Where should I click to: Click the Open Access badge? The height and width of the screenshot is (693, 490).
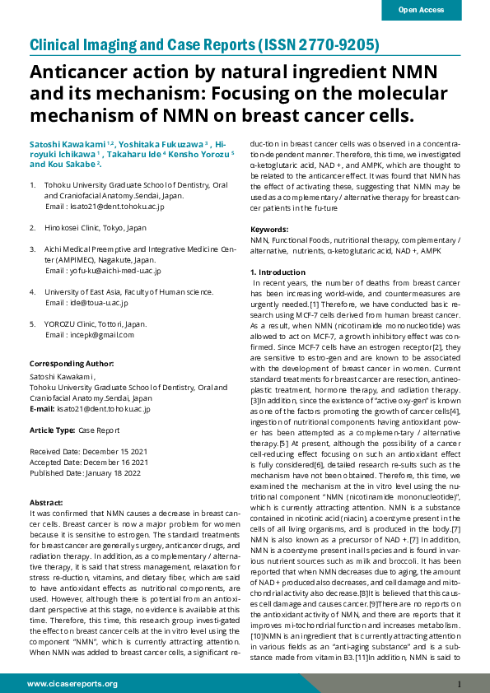(x=421, y=10)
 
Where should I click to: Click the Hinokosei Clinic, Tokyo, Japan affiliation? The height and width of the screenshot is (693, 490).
(x=95, y=227)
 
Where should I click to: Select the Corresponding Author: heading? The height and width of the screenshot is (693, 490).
(x=71, y=364)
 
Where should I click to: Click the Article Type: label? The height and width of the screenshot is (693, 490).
(x=52, y=430)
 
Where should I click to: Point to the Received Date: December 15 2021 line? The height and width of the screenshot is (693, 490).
(x=89, y=452)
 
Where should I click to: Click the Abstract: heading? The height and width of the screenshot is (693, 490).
(x=47, y=502)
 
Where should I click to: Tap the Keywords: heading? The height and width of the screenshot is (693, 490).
(x=269, y=229)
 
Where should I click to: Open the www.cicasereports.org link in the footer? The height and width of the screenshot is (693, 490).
(x=72, y=683)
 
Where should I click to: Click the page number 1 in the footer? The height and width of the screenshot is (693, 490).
(x=459, y=684)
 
